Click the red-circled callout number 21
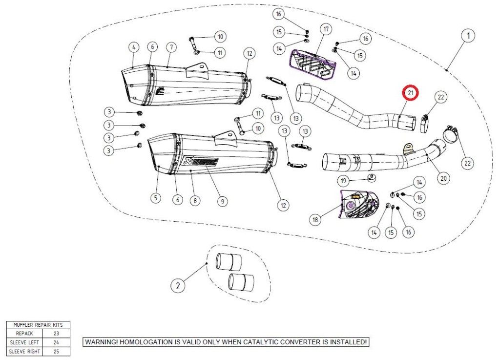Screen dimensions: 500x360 (x=410, y=93)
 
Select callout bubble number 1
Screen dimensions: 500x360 (x=468, y=36)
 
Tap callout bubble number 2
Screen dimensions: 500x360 (x=178, y=285)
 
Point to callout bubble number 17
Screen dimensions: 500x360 (x=326, y=29)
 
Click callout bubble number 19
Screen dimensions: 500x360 (x=343, y=181)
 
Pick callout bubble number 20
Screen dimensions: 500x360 (x=443, y=178)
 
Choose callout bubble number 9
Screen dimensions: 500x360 (x=222, y=201)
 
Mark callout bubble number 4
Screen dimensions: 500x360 (x=134, y=47)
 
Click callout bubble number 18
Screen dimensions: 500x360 (x=315, y=219)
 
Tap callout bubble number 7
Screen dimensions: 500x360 (x=171, y=47)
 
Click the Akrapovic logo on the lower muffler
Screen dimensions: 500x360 (x=200, y=161)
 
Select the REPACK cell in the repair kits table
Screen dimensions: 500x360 (x=24, y=334)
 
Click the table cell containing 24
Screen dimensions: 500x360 (x=56, y=342)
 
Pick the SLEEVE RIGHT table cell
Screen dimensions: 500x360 (x=24, y=351)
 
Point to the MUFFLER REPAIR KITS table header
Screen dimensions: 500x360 (x=38, y=325)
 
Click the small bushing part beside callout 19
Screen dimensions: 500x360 (x=371, y=177)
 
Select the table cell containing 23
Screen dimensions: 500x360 (x=56, y=334)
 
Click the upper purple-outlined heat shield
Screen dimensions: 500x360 (x=312, y=64)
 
